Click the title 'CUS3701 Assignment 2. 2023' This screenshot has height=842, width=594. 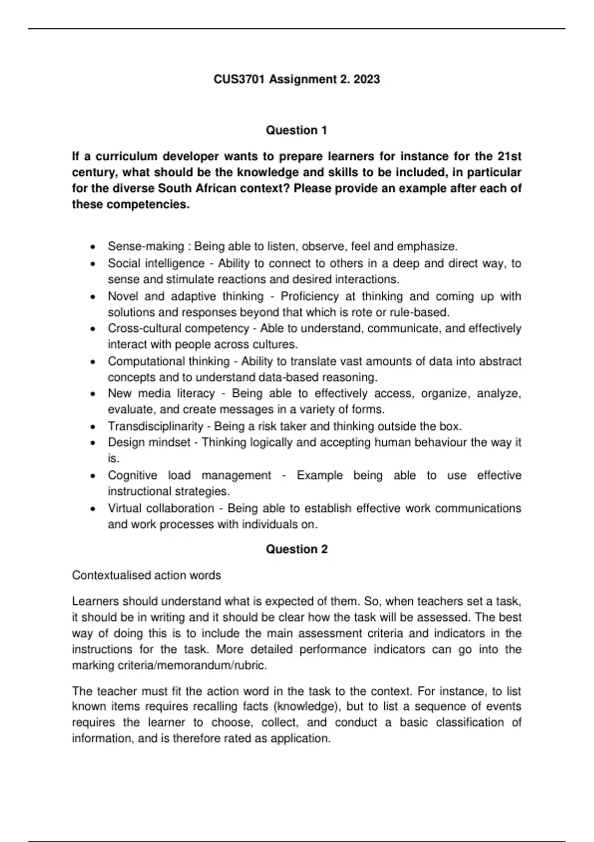point(297,79)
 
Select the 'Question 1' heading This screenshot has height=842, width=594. point(297,130)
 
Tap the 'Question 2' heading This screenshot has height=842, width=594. point(297,549)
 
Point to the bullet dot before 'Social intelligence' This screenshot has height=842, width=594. point(93,264)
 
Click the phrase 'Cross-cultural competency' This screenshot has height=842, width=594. point(178,328)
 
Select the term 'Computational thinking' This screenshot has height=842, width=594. point(169,361)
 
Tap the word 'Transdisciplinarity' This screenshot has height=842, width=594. point(155,426)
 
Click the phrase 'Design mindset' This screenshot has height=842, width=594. point(149,442)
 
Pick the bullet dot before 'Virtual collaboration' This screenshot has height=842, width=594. point(93,509)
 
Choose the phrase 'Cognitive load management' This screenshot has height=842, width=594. point(189,475)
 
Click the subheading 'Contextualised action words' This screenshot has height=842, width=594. point(147,576)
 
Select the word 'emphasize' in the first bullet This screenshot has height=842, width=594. point(426,246)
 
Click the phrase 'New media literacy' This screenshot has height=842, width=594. point(161,394)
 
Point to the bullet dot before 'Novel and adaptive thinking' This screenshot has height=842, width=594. point(93,297)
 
